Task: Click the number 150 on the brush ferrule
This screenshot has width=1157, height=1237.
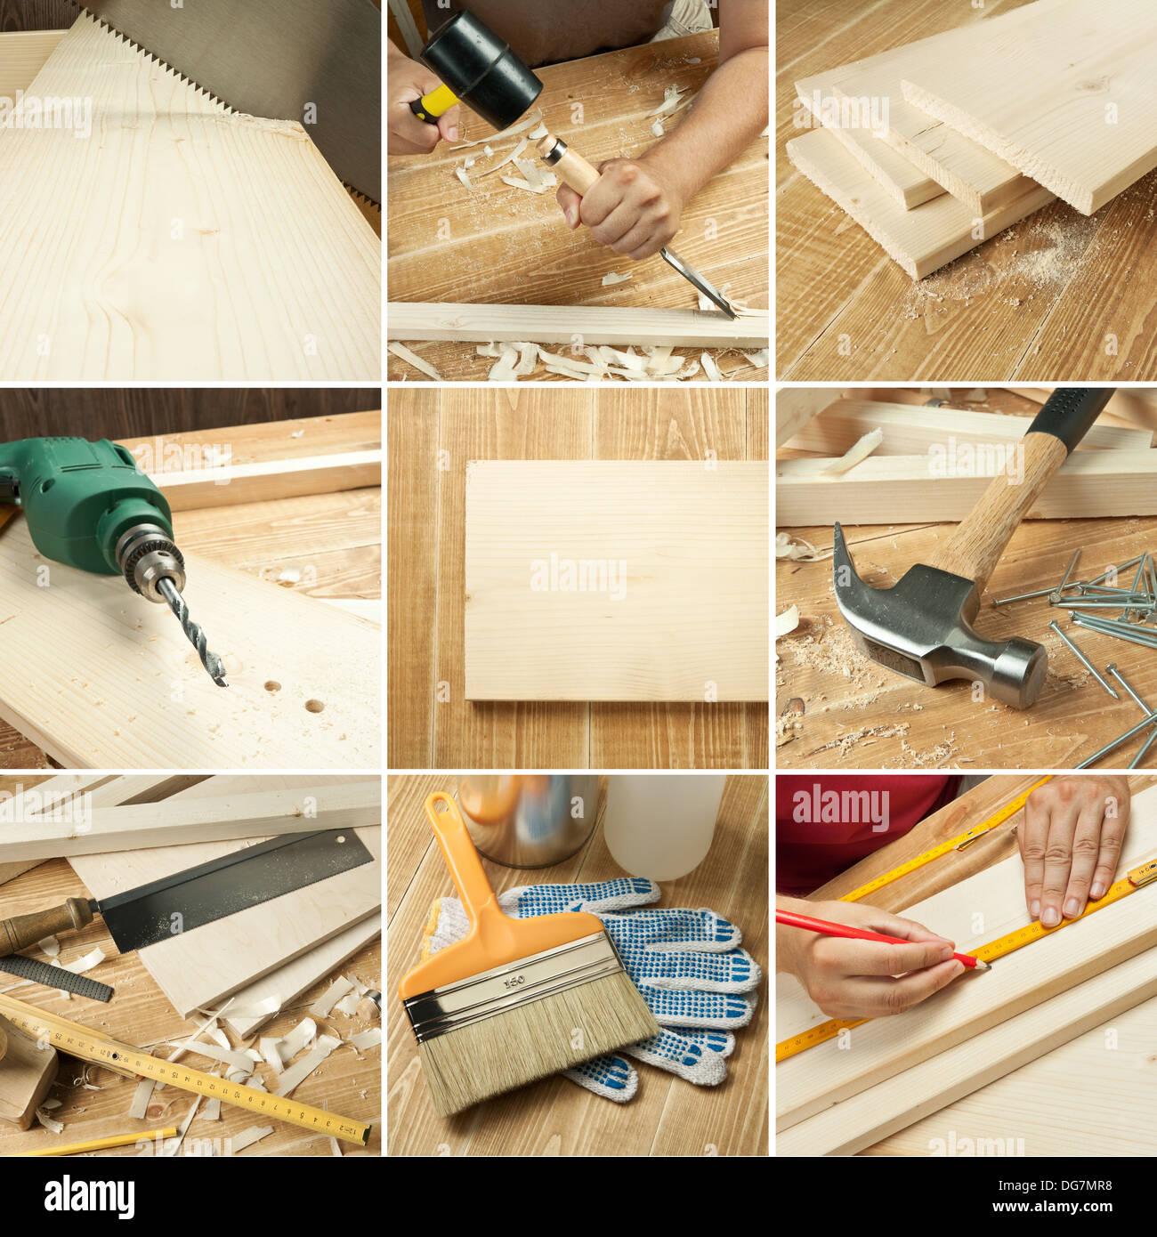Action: pos(514,982)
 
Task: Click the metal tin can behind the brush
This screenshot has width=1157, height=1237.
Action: pos(530,819)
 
